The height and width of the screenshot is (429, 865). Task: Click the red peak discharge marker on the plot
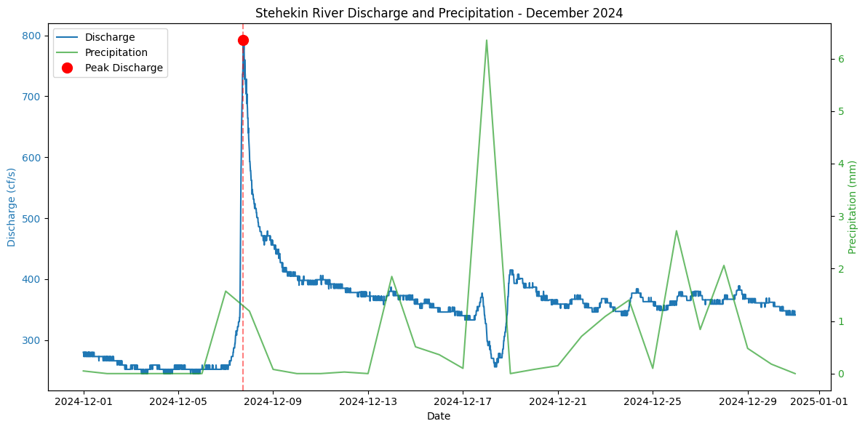click(x=243, y=40)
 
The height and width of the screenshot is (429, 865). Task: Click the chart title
click(x=439, y=13)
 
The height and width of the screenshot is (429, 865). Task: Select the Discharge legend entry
click(x=109, y=37)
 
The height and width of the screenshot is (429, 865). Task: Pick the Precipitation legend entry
click(x=116, y=52)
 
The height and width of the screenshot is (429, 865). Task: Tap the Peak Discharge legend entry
click(x=124, y=68)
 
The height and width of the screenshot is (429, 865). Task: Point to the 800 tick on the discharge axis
click(x=31, y=36)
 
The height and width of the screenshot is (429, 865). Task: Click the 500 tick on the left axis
click(x=31, y=219)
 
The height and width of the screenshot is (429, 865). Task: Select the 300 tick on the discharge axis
click(x=31, y=341)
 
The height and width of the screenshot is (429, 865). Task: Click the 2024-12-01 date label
click(x=83, y=401)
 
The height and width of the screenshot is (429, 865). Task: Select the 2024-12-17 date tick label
click(x=463, y=401)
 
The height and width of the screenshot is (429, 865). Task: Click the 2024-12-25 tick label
click(x=653, y=401)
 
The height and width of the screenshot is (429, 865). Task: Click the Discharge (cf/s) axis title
click(x=12, y=207)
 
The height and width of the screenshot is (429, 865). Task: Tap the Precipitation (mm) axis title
click(x=853, y=207)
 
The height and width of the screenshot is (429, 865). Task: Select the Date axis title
click(x=439, y=416)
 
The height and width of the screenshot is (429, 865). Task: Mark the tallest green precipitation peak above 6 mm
click(x=486, y=41)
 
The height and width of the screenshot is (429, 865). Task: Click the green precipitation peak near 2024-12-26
click(x=677, y=231)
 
